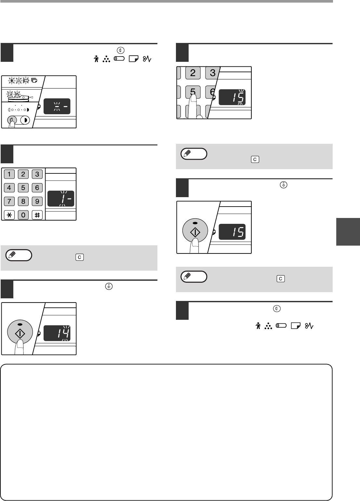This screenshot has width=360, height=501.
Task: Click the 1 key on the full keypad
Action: tap(9, 174)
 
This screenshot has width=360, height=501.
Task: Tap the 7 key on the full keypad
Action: tap(9, 201)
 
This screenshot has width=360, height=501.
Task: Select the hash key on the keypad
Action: tap(37, 215)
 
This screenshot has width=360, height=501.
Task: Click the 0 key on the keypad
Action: tap(23, 215)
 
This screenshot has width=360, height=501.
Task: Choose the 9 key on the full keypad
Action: tap(37, 201)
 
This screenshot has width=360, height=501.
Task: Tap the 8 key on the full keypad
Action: tap(23, 201)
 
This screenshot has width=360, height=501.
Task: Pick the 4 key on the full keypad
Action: tap(9, 188)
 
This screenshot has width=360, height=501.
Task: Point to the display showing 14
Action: tap(57, 333)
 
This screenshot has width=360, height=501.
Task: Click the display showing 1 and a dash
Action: tap(61, 198)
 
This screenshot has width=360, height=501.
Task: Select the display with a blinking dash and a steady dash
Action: tap(57, 106)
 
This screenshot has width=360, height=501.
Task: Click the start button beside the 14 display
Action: tap(20, 332)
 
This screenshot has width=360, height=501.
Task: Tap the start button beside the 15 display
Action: tap(195, 231)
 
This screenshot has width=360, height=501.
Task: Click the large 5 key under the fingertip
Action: tap(193, 92)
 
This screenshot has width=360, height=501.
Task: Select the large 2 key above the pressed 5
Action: tap(193, 73)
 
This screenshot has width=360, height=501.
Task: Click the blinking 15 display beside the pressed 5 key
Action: tap(232, 97)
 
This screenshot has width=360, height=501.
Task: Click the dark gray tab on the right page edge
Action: tap(348, 232)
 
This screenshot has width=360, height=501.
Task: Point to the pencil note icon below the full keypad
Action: tap(19, 255)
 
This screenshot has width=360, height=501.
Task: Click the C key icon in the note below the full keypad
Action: tap(80, 257)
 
